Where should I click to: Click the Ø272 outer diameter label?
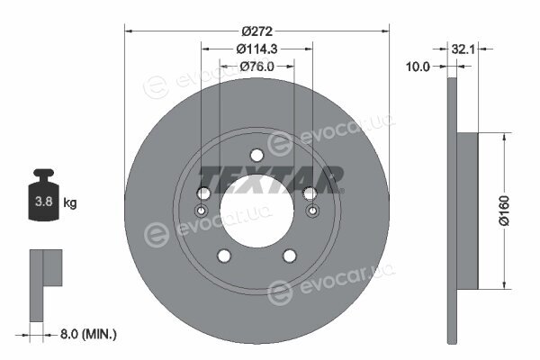tap(256, 31)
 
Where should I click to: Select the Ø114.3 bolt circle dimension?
tap(256, 49)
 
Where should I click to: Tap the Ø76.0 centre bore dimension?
tap(256, 66)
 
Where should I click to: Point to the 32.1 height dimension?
tap(463, 49)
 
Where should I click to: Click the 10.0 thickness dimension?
tap(418, 67)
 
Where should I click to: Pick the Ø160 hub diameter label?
tap(504, 211)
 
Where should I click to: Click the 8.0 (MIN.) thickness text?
tap(88, 334)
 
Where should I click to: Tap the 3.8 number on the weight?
tap(44, 202)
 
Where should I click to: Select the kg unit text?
tap(70, 202)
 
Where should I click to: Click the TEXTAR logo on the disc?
tap(271, 179)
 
